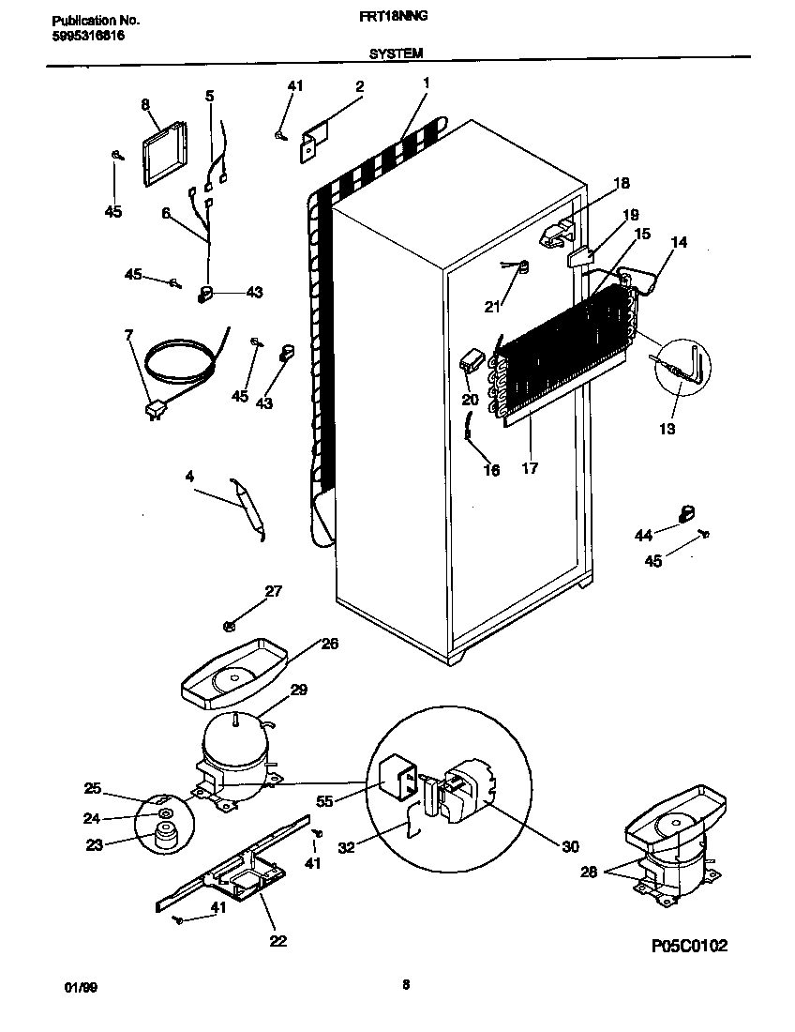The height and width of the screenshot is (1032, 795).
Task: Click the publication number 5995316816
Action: click(85, 36)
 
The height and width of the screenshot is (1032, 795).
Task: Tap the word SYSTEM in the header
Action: click(397, 54)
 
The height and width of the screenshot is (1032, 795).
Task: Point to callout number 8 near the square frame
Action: click(145, 104)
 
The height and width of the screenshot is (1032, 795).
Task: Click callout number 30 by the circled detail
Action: click(570, 846)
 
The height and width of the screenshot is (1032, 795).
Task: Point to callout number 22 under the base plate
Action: click(277, 941)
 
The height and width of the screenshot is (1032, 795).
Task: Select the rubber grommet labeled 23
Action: click(167, 835)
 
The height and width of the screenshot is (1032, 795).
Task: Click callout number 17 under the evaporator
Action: click(530, 467)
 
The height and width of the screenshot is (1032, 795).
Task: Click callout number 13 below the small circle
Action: click(667, 429)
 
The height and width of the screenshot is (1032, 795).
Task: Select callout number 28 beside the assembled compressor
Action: click(588, 872)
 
